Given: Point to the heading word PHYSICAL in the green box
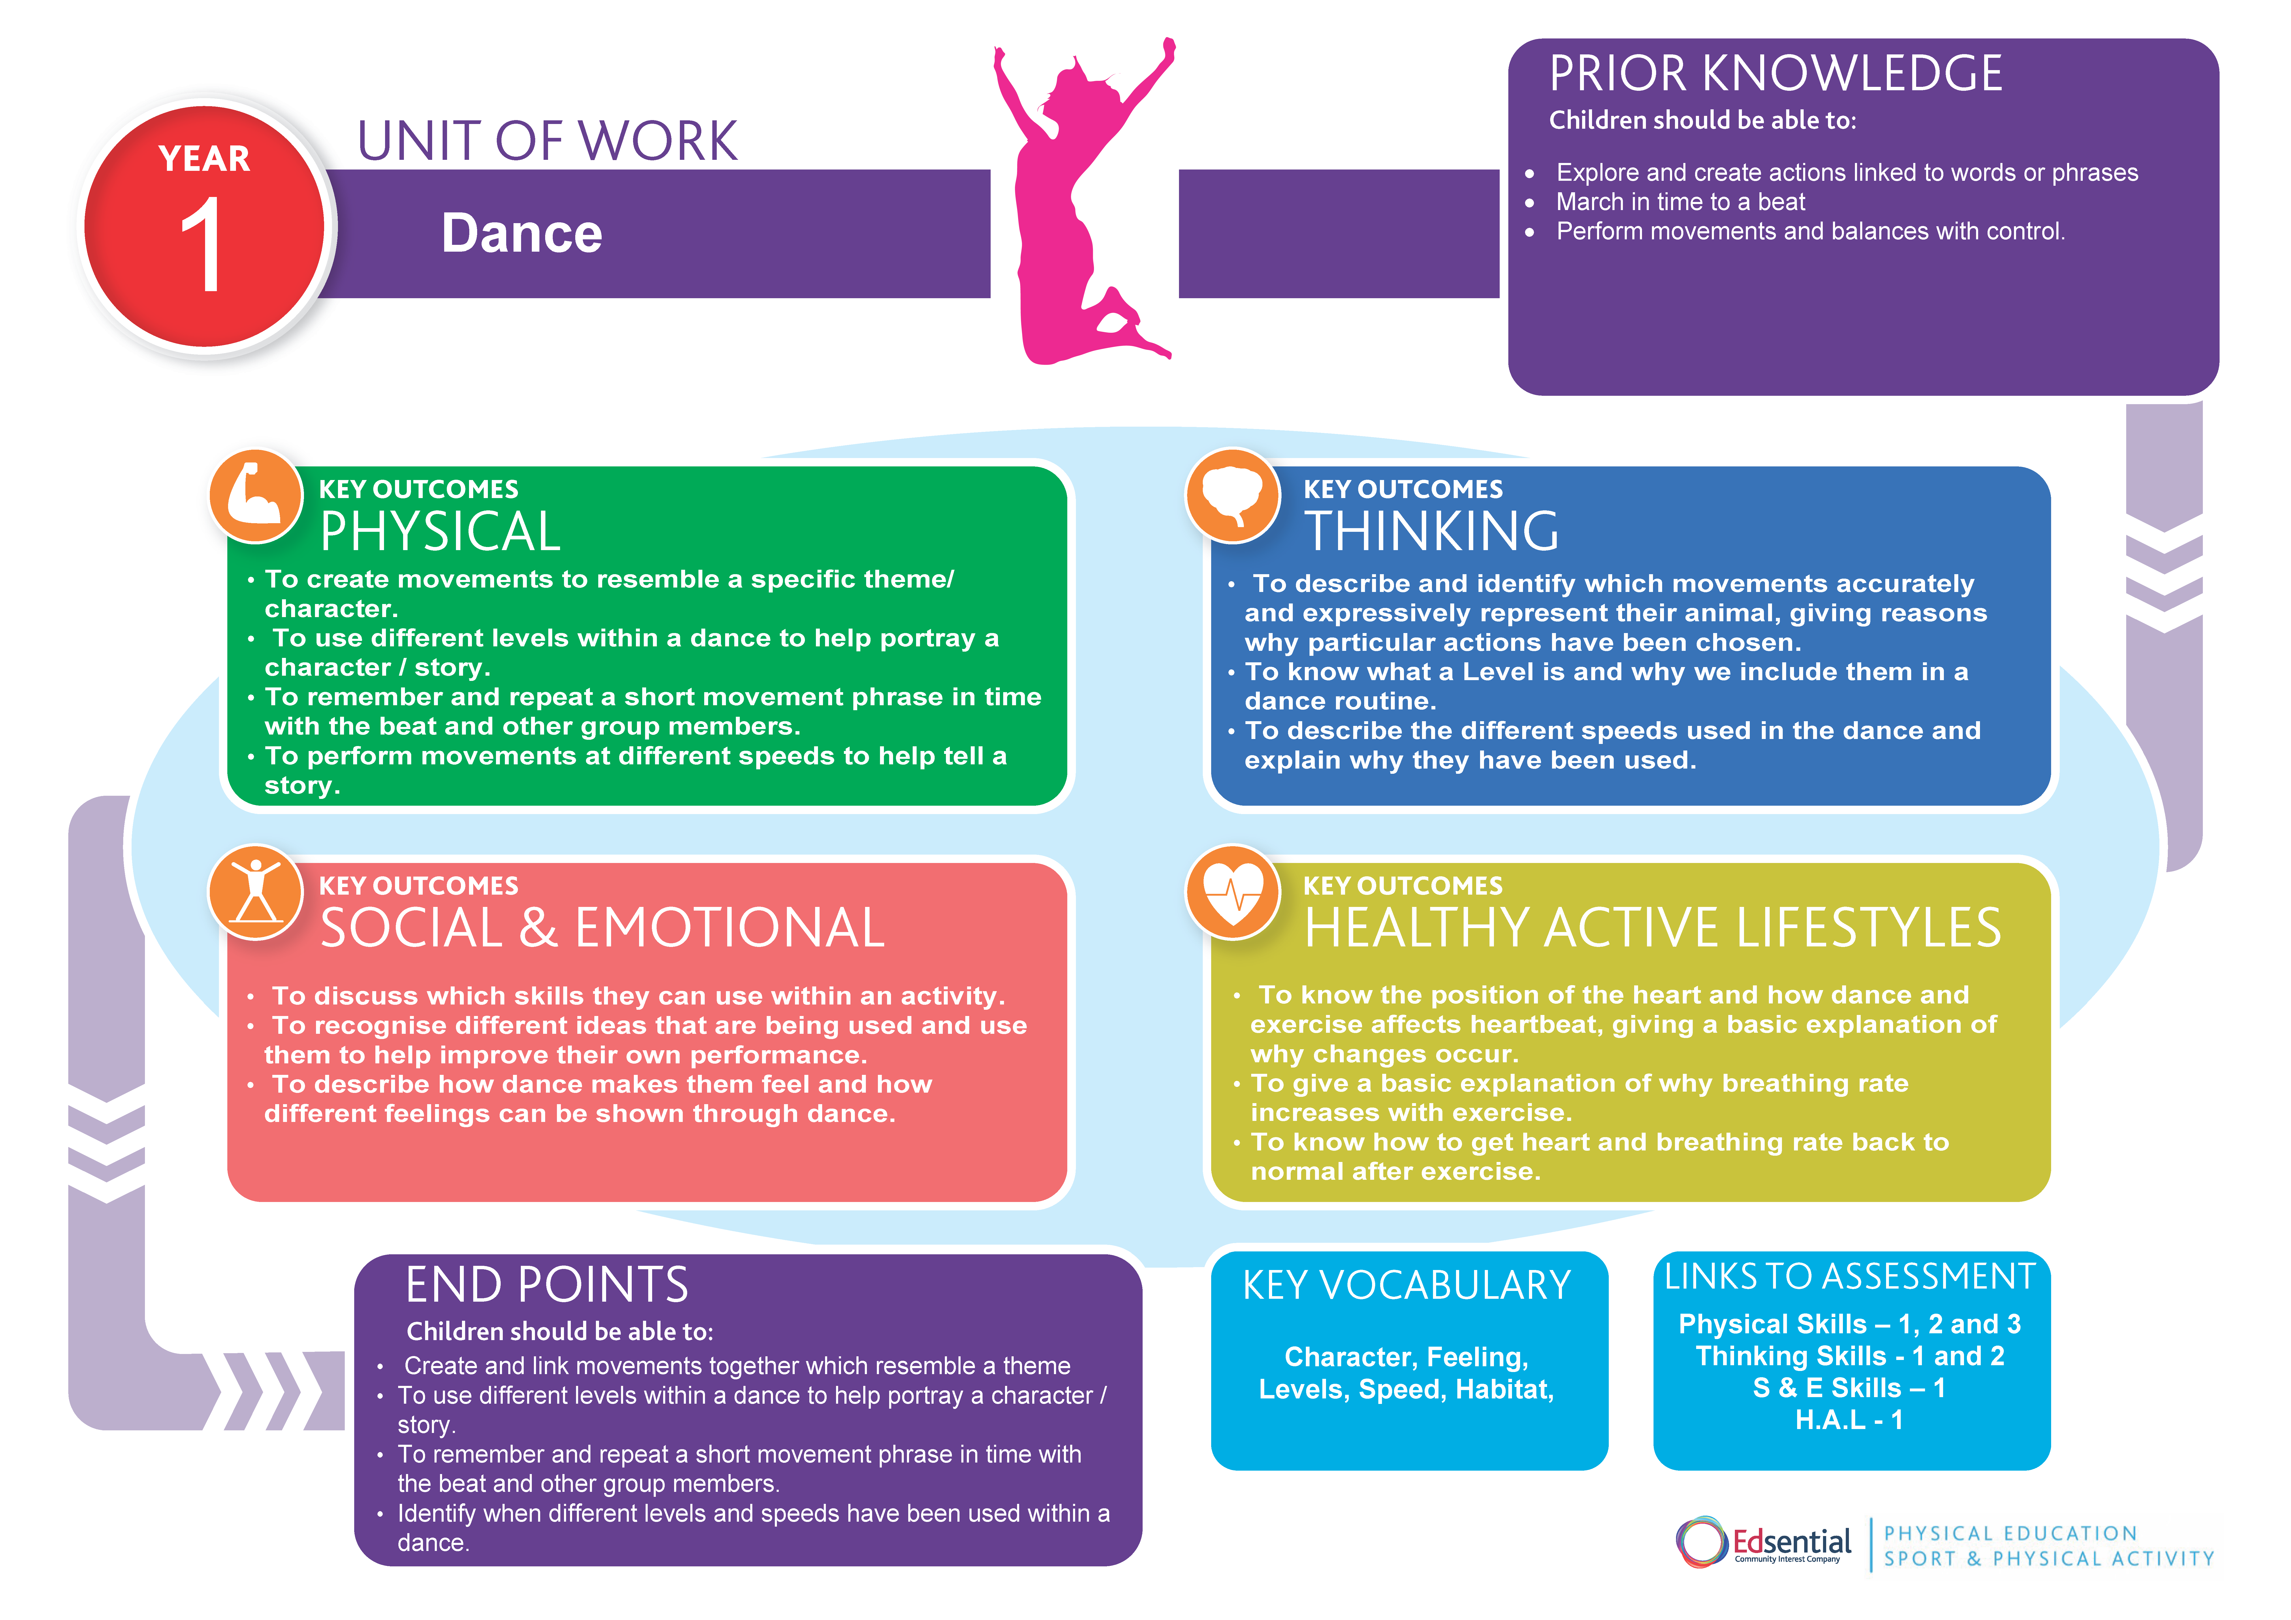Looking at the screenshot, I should point(440,532).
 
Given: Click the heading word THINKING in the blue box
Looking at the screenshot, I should point(1432,532).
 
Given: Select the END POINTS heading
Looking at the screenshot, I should point(547,1285).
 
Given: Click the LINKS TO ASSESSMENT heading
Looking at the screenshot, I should point(1849,1277).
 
